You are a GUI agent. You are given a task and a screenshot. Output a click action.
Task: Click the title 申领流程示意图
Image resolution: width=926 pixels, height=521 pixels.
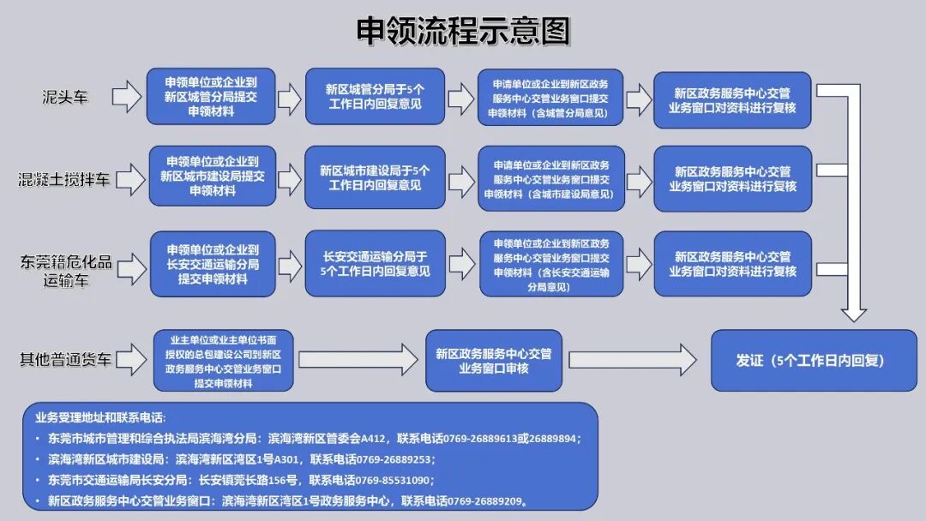[x=463, y=32]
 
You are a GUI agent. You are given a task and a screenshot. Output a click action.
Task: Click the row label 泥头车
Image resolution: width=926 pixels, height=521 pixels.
[x=65, y=97]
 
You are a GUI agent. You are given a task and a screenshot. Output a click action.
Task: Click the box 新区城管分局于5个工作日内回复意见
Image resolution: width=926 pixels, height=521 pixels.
[x=375, y=97]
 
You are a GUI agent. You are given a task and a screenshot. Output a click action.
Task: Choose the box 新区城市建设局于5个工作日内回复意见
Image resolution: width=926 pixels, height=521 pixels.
[x=375, y=178]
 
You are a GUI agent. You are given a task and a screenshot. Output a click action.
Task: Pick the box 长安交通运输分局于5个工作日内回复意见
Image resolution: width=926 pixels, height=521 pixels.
[x=375, y=263]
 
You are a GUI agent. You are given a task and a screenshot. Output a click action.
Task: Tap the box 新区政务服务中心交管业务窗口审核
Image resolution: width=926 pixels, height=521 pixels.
[x=493, y=360]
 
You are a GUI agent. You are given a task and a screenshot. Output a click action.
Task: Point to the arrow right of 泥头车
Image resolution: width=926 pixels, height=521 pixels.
[x=125, y=97]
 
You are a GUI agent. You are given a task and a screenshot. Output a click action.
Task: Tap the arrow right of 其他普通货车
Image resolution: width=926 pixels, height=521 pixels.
[x=127, y=360]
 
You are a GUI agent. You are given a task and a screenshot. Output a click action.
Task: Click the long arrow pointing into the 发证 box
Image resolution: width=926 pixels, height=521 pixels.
[x=634, y=360]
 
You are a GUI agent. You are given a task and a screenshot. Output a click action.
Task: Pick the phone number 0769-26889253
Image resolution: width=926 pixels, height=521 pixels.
[x=389, y=459]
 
